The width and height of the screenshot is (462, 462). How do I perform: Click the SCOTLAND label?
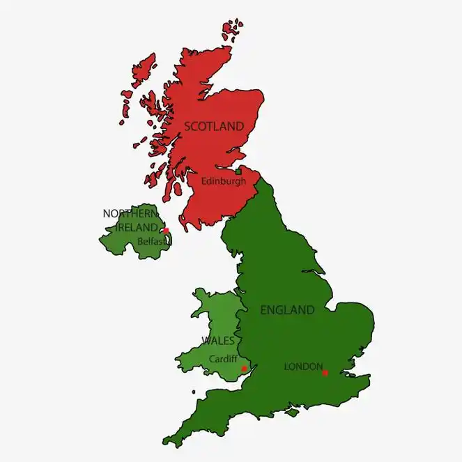[214, 126]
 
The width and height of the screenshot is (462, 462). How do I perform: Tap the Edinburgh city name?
[223, 181]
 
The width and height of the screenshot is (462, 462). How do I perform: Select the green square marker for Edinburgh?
[238, 171]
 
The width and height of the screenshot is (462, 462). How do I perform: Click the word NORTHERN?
[130, 213]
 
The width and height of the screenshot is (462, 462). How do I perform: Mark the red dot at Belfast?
[166, 231]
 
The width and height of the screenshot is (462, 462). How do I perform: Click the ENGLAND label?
[287, 310]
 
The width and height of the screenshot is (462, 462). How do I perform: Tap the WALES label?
[217, 341]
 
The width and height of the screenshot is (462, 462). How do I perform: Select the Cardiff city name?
[222, 359]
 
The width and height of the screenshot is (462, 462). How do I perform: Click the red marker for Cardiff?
[243, 368]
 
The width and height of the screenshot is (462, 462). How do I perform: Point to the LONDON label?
[303, 366]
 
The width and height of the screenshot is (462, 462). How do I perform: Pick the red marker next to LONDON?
[325, 373]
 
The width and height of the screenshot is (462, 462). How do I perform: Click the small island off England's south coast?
[293, 413]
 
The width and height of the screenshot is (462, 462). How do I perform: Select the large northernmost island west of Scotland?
[144, 70]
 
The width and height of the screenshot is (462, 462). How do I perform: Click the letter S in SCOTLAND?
[187, 127]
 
